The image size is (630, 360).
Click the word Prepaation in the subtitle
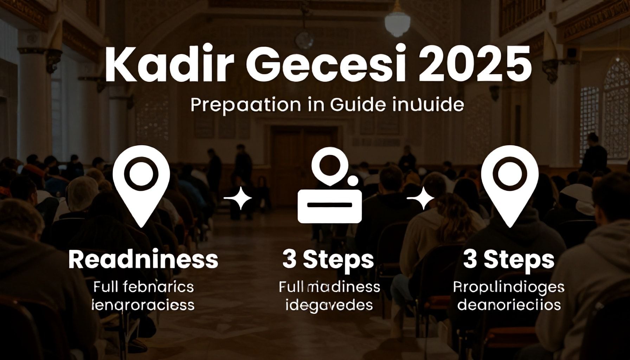point(246,105)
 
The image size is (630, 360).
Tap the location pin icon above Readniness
point(141,185)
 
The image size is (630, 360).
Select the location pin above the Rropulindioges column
point(510,185)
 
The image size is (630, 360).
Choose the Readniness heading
point(143,260)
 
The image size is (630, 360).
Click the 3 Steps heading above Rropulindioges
point(509,260)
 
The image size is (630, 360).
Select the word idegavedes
point(329,305)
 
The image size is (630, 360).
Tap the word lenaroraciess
point(143,305)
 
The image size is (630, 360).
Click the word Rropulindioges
point(509,287)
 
